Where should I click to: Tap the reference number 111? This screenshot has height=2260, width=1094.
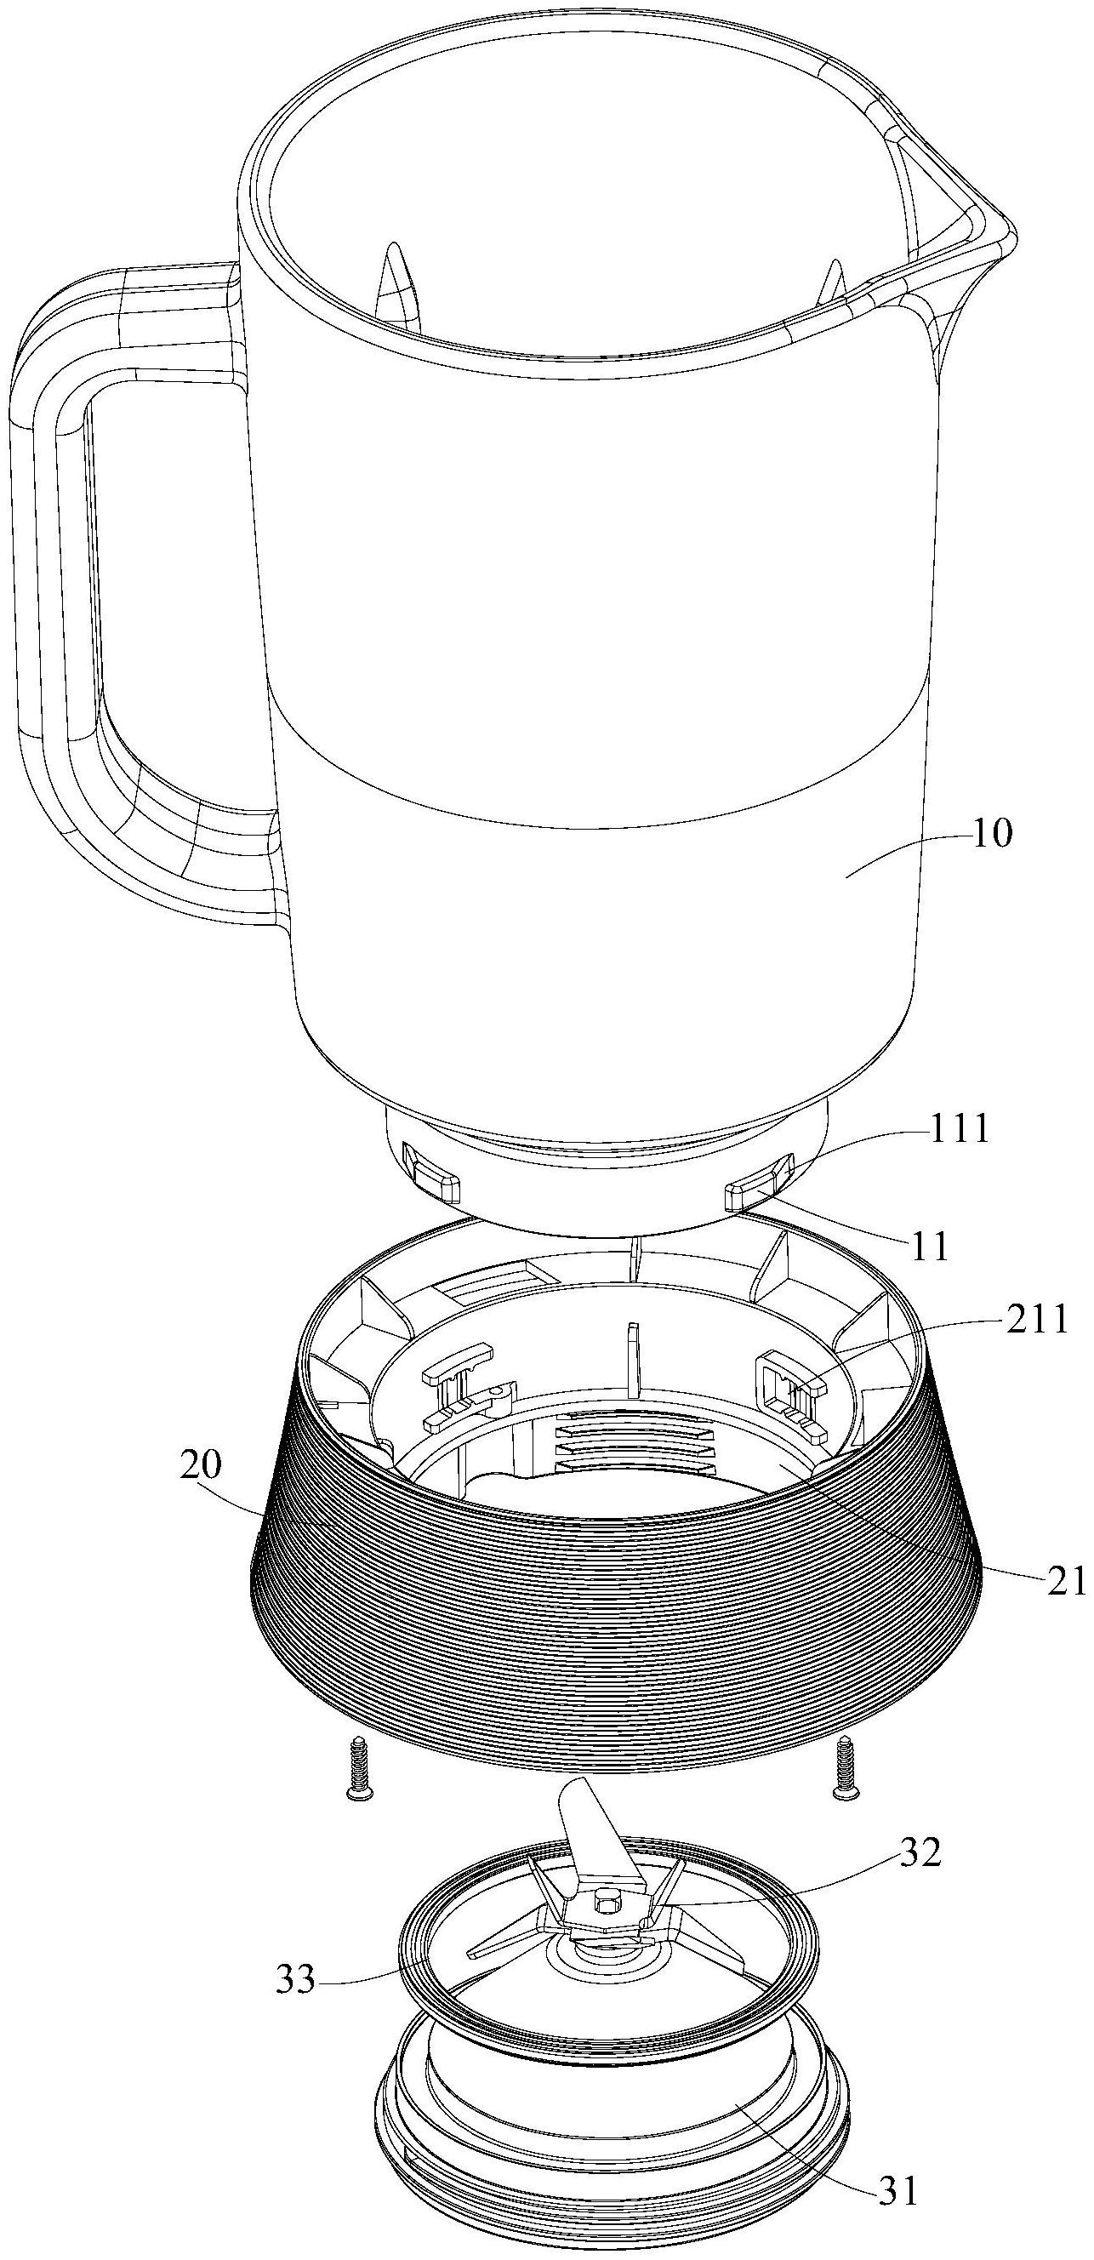[x=960, y=1131]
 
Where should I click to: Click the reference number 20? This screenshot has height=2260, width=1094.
[x=201, y=1464]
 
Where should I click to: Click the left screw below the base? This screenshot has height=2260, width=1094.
[x=357, y=1764]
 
